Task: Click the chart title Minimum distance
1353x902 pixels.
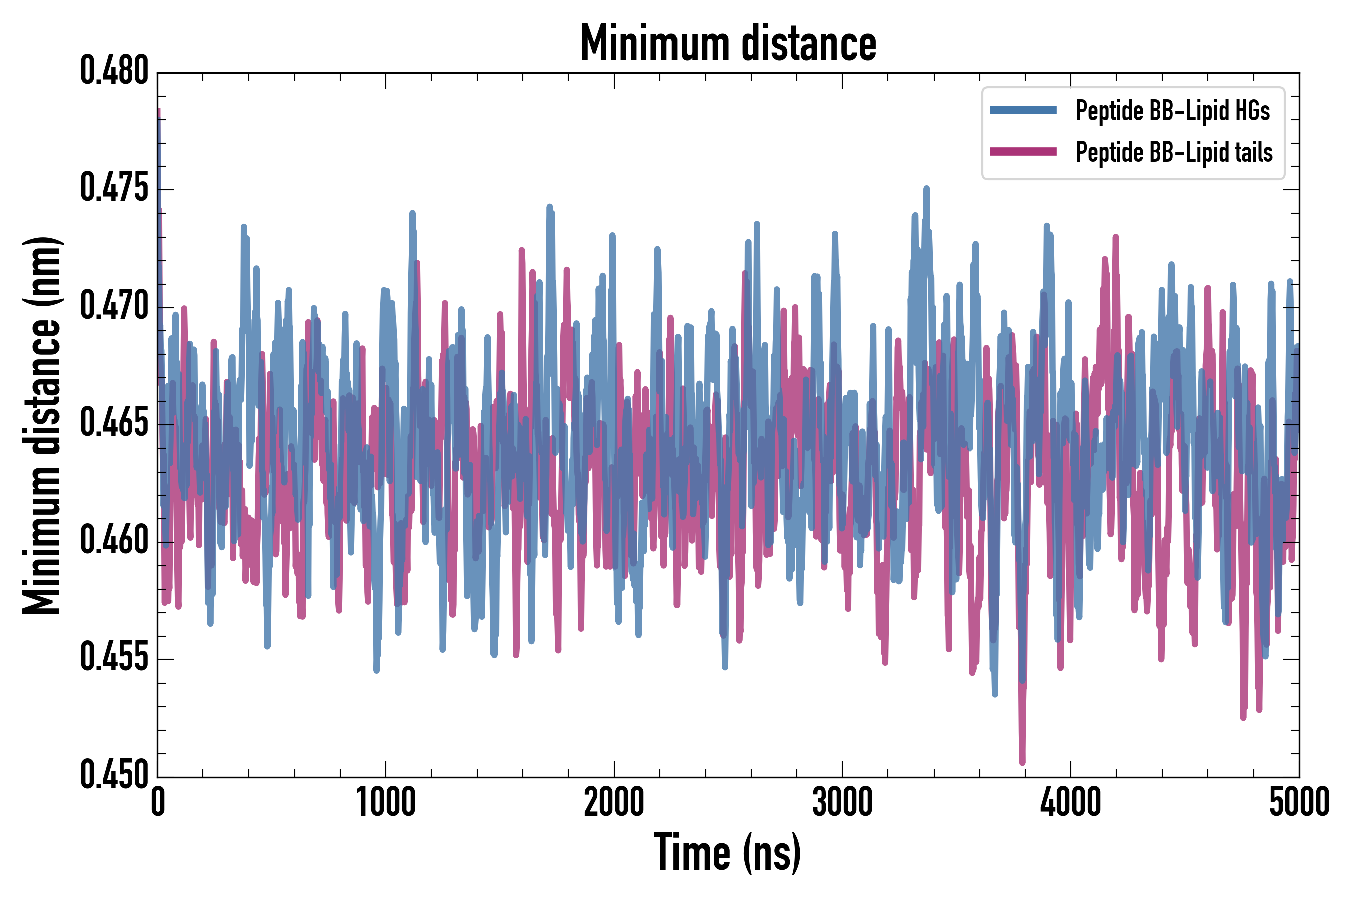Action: (x=728, y=43)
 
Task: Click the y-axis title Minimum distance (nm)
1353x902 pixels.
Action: (x=42, y=425)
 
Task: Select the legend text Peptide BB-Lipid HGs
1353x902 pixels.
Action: (x=1173, y=110)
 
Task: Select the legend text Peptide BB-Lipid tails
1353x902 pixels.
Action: (x=1174, y=152)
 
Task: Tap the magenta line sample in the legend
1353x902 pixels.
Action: (x=1023, y=152)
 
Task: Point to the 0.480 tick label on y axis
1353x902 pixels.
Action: (x=114, y=71)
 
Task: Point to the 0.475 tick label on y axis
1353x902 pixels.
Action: (x=114, y=189)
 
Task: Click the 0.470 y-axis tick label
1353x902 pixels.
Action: (x=114, y=306)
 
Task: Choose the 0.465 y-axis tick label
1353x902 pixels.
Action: (x=114, y=424)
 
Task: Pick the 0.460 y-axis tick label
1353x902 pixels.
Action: (x=114, y=541)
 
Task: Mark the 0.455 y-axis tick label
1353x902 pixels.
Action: (x=114, y=658)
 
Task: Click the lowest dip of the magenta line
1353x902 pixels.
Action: (x=1022, y=762)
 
